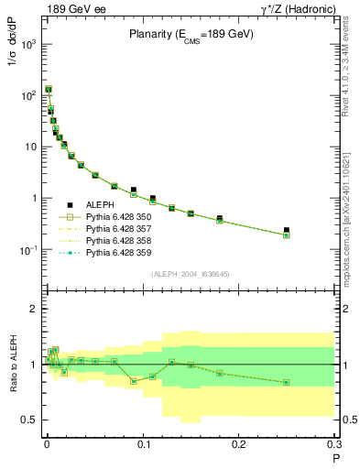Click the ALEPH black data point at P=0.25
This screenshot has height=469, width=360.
pos(287,230)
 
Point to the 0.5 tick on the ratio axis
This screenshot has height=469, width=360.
pos(30,420)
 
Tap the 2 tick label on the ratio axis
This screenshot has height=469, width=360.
pos(34,309)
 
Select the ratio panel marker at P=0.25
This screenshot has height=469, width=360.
pos(287,382)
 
